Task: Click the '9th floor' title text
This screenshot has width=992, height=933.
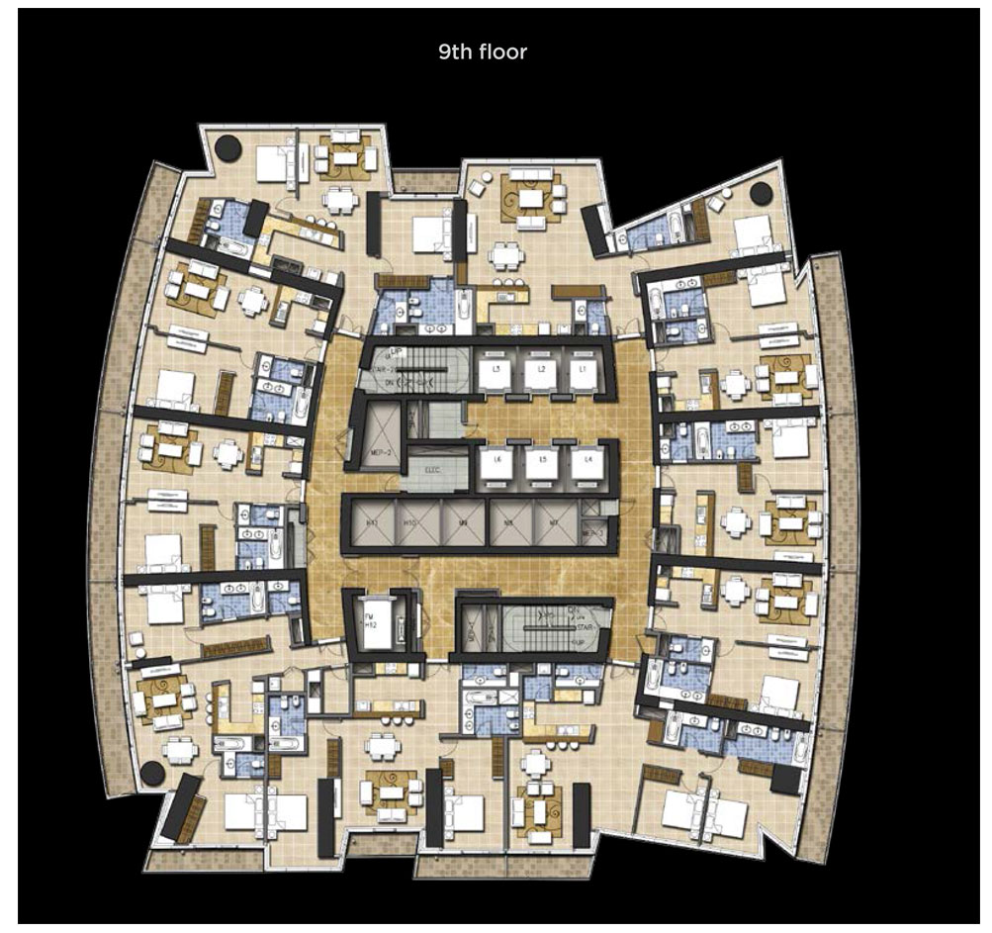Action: coord(483,51)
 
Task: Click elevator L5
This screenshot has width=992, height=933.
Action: coord(539,463)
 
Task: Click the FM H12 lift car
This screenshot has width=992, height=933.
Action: coord(376,623)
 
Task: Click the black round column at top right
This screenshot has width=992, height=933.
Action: coord(761,192)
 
